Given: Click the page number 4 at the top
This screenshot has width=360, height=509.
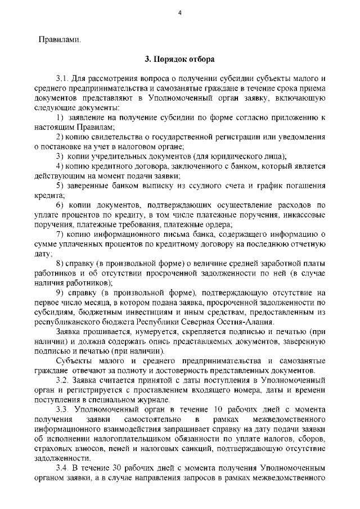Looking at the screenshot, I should tap(179, 14).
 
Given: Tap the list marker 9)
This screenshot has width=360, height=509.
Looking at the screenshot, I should tap(60, 293).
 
